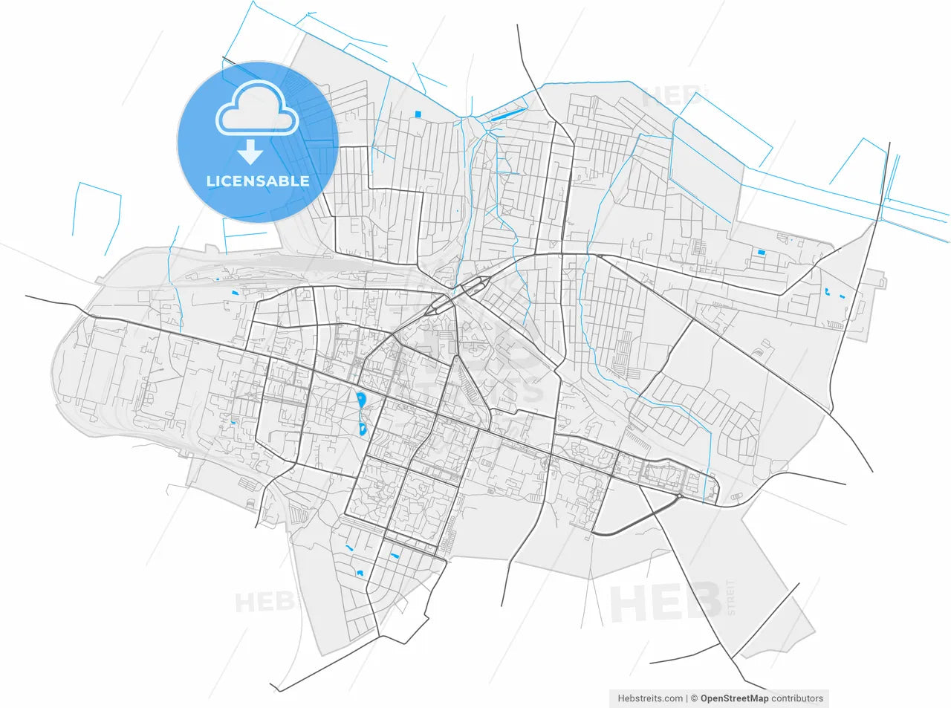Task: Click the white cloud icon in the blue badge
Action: (257, 109)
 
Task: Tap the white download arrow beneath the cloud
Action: (250, 152)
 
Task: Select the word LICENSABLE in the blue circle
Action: (257, 181)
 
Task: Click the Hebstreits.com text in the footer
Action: (650, 698)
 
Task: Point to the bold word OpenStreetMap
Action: (734, 698)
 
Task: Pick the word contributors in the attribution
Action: (797, 698)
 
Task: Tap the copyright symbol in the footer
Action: (694, 698)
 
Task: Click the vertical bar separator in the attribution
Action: (687, 698)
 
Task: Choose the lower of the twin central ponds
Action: (362, 429)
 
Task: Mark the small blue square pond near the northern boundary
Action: (418, 114)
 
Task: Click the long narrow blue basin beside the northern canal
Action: (498, 116)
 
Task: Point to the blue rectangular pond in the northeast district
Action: (761, 253)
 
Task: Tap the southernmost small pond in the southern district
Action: (360, 573)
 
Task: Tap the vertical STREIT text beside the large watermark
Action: (731, 598)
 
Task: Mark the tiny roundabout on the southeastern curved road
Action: (680, 495)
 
